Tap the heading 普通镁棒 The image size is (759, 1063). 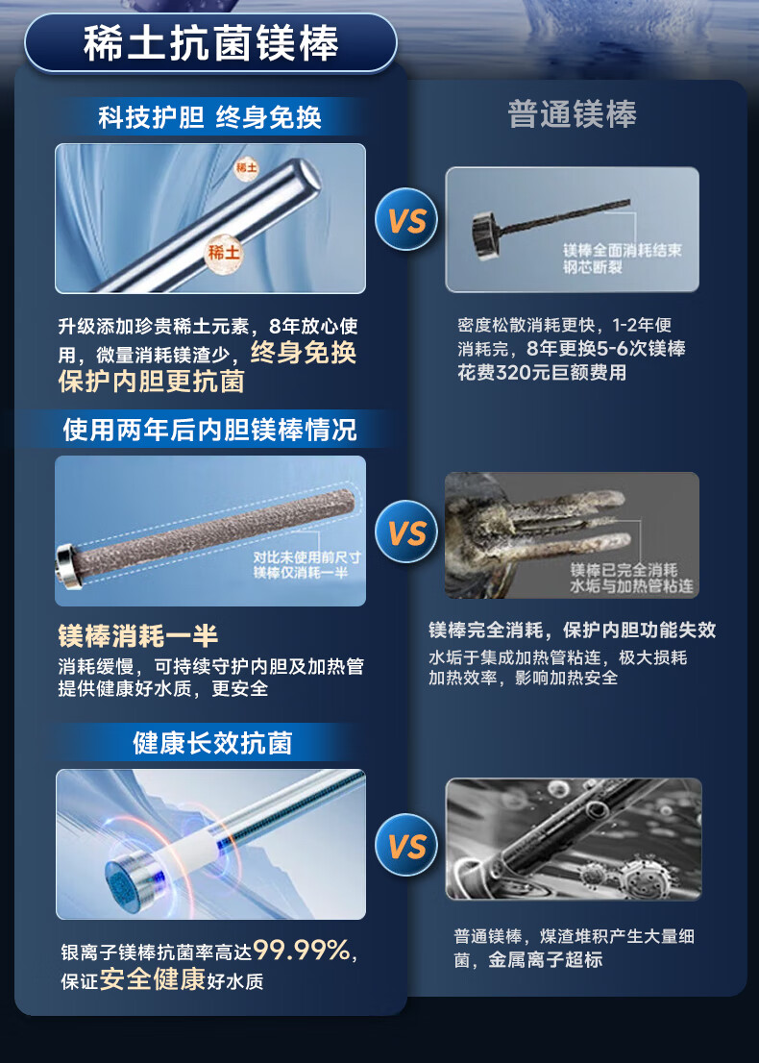(x=573, y=113)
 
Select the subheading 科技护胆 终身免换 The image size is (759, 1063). (x=210, y=117)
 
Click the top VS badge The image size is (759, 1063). (x=407, y=220)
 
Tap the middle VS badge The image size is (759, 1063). (x=407, y=532)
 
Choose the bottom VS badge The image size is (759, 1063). (x=407, y=845)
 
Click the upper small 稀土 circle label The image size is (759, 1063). (x=247, y=167)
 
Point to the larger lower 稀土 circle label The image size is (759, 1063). (x=224, y=253)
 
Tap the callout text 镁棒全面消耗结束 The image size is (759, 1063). (x=623, y=250)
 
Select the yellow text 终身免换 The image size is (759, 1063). (x=304, y=353)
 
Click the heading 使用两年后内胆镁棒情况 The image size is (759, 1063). (x=209, y=430)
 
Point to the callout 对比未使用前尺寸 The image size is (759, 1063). (x=307, y=557)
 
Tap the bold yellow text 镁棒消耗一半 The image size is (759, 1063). (x=137, y=636)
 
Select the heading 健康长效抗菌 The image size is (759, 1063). (x=212, y=743)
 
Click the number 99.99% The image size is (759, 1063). (x=302, y=951)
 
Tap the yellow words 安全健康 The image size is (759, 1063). (x=153, y=979)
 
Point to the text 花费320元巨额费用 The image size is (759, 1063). (x=542, y=372)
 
